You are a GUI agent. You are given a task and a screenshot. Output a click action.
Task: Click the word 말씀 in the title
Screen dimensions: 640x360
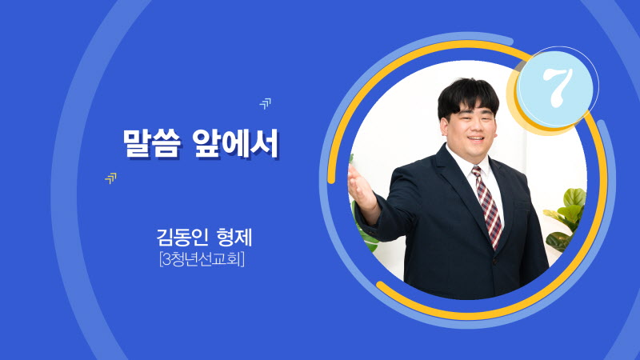click(x=151, y=143)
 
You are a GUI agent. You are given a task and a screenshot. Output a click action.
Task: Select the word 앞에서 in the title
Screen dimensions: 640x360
click(x=235, y=143)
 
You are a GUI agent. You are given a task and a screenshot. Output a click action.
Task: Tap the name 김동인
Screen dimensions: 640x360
click(x=182, y=237)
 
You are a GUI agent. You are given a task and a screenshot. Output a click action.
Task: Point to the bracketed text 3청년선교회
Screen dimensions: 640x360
click(x=202, y=259)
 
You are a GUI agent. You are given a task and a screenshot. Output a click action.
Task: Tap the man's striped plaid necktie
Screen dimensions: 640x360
click(x=488, y=206)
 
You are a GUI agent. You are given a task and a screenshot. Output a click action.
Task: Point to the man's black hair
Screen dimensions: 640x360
click(x=468, y=97)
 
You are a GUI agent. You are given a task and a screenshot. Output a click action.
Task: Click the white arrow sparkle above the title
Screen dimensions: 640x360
click(x=266, y=103)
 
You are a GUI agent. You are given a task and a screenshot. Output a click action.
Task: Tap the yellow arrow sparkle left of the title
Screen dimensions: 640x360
click(x=110, y=178)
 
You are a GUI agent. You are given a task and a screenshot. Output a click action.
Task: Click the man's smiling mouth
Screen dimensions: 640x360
click(x=475, y=138)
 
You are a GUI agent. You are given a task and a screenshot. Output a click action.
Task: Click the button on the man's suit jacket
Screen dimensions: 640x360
click(x=494, y=261)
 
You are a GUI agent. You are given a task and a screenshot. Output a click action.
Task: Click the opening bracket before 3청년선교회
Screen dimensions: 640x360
click(x=161, y=259)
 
